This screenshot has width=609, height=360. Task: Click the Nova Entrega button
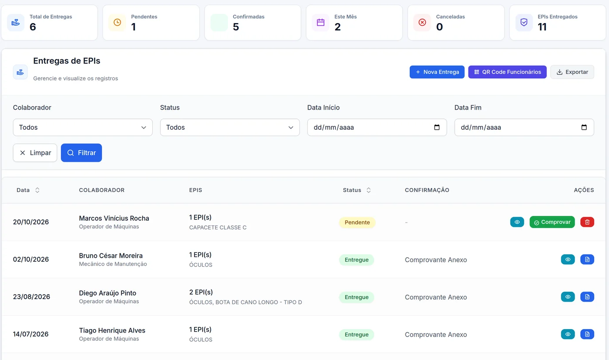click(437, 72)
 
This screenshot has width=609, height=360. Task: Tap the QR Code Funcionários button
click(507, 72)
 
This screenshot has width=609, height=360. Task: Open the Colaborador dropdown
click(83, 128)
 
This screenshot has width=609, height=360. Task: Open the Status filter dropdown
click(230, 128)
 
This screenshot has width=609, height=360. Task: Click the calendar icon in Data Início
click(437, 127)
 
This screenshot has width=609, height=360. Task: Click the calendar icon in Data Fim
click(584, 127)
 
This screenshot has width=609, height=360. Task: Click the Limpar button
click(35, 153)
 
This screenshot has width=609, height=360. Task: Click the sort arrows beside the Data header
click(37, 190)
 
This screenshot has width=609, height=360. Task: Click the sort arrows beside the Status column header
click(368, 190)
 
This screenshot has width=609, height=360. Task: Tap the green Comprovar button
click(552, 222)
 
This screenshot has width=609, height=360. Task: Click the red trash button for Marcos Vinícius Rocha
click(587, 222)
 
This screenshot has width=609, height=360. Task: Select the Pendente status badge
click(357, 222)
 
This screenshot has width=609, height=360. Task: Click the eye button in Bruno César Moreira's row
click(568, 259)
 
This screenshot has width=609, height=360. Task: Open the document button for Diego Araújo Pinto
click(587, 296)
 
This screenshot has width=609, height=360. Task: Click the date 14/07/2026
click(31, 334)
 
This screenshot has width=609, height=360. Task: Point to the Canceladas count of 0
click(439, 27)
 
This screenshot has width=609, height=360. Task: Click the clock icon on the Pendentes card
click(117, 22)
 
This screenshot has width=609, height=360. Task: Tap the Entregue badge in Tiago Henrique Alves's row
click(356, 334)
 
